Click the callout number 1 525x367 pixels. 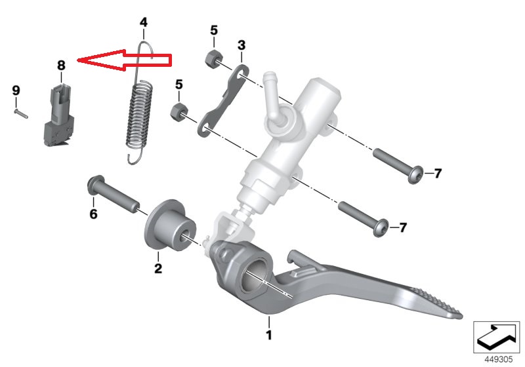pyautogui.click(x=269, y=335)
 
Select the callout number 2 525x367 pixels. pyautogui.click(x=158, y=268)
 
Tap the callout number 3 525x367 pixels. pyautogui.click(x=241, y=45)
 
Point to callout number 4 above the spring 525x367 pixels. pyautogui.click(x=143, y=22)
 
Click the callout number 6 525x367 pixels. pyautogui.click(x=93, y=214)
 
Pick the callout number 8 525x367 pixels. pyautogui.click(x=61, y=65)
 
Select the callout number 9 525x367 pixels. pyautogui.click(x=16, y=90)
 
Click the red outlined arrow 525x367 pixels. pyautogui.click(x=124, y=60)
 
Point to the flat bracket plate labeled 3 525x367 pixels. pyautogui.click(x=222, y=100)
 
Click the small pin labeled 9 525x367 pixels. pyautogui.click(x=21, y=113)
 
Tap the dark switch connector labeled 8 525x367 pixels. pyautogui.click(x=59, y=115)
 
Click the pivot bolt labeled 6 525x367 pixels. pyautogui.click(x=113, y=194)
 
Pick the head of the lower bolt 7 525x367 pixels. pyautogui.click(x=381, y=228)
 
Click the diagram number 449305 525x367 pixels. pyautogui.click(x=499, y=359)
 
